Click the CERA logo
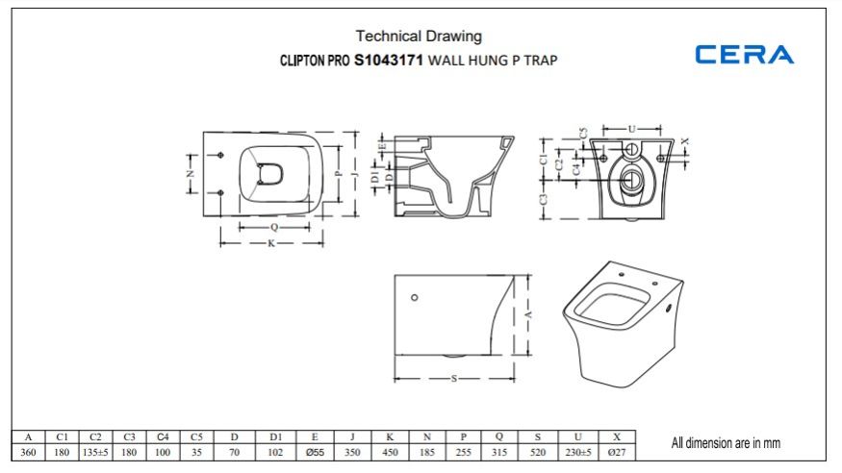pyautogui.click(x=745, y=54)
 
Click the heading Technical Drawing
pyautogui.click(x=419, y=37)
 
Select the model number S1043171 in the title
pyautogui.click(x=389, y=60)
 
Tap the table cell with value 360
pyautogui.click(x=29, y=452)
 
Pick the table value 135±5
pyautogui.click(x=95, y=452)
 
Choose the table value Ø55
pyautogui.click(x=315, y=452)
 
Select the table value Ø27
pyautogui.click(x=617, y=452)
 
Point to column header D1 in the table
pyautogui.click(x=275, y=437)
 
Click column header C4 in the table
pyautogui.click(x=163, y=437)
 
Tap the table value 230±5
pyautogui.click(x=578, y=452)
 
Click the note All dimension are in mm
pyautogui.click(x=726, y=443)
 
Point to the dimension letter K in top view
pyautogui.click(x=271, y=243)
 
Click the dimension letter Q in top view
pyautogui.click(x=273, y=228)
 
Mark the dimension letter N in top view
pyautogui.click(x=191, y=174)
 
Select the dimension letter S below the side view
pyautogui.click(x=453, y=379)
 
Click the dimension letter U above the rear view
pyautogui.click(x=631, y=127)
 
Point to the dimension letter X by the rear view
pyautogui.click(x=685, y=140)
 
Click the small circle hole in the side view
pyautogui.click(x=415, y=298)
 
